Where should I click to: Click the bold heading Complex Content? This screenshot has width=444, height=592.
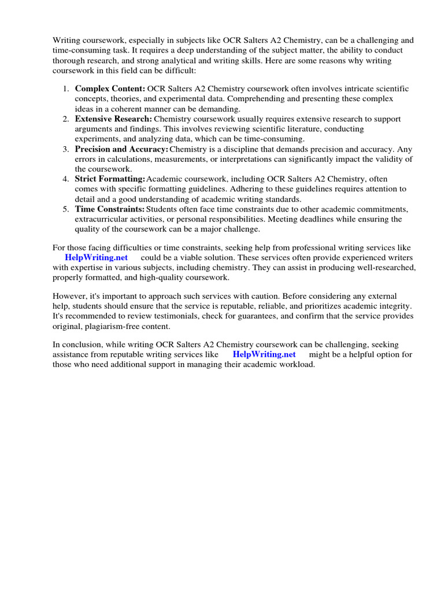110,89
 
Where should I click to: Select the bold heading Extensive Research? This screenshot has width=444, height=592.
113,119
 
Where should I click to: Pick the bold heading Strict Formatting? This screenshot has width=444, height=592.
110,179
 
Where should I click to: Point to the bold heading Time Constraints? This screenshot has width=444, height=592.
110,209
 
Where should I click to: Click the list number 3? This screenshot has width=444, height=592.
66,149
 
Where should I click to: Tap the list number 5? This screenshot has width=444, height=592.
66,209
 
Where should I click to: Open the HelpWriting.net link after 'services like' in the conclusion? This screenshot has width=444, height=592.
264,354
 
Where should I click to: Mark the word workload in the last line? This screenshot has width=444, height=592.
298,364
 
